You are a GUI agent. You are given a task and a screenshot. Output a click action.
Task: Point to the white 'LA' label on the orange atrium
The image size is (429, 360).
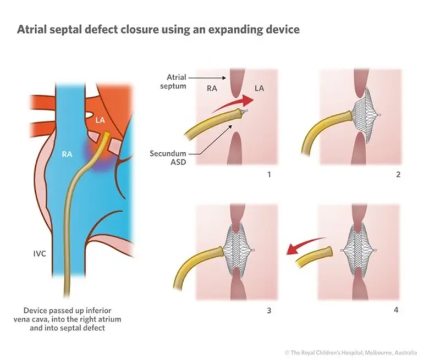[x=100, y=119]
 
